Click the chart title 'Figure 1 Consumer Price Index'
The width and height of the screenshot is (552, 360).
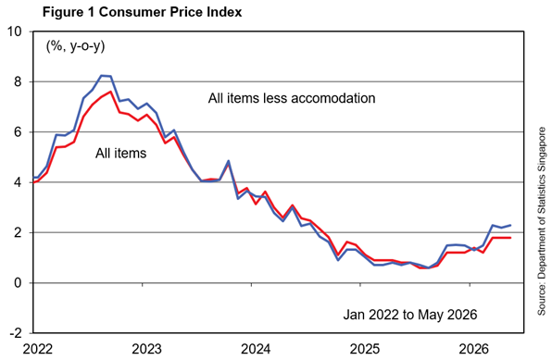coord(143,12)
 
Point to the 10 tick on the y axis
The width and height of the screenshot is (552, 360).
coord(14,31)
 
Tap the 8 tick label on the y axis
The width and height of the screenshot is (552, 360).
coord(19,82)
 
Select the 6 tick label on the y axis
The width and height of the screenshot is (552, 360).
coord(19,132)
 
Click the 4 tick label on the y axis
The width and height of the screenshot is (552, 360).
coord(19,182)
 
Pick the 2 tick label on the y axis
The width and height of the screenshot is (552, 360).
coord(19,233)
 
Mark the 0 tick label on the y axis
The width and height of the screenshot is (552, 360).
coord(19,283)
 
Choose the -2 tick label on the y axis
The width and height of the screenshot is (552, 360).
coord(16,333)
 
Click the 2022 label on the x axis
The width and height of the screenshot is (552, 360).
coord(38,349)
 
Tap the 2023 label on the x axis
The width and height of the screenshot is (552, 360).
coord(147,349)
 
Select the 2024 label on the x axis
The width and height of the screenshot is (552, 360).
coord(256,349)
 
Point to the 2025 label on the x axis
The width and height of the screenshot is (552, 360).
coord(365,349)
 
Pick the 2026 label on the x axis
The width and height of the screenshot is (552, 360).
coord(474,349)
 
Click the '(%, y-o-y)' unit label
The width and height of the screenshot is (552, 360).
coord(75,46)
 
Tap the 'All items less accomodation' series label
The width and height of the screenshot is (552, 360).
coord(292,98)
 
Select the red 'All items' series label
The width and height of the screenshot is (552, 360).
coord(120,154)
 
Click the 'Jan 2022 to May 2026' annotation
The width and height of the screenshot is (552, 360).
coord(410,315)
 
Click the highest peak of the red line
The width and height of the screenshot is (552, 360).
coord(111,92)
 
